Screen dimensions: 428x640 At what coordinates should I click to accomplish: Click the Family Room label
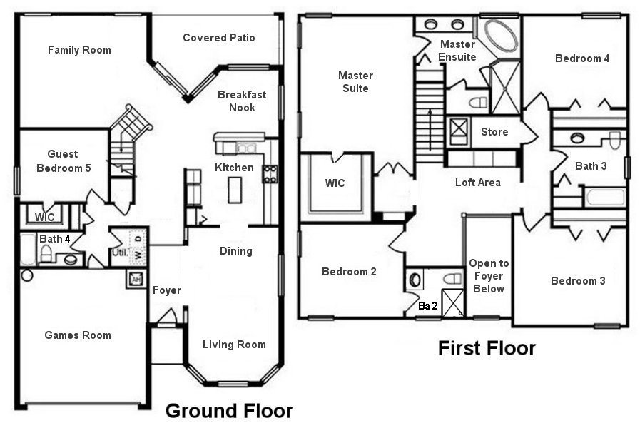[79, 50]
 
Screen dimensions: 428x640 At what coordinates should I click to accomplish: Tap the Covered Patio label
[218, 38]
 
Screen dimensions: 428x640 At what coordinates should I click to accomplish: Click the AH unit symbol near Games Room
[134, 279]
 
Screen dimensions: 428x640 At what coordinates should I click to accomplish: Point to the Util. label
[118, 252]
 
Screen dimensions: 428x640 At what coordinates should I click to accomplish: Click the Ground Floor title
[228, 411]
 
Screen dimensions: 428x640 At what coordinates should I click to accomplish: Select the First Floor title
[487, 348]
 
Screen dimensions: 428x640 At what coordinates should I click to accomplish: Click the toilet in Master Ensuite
[477, 103]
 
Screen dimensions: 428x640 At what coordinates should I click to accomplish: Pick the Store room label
[494, 132]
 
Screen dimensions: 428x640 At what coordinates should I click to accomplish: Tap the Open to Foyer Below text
[489, 276]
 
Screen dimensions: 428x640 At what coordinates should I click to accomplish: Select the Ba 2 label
[428, 305]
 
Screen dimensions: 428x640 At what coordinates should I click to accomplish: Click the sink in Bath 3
[577, 138]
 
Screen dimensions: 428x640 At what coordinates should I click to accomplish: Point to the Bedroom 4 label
[582, 58]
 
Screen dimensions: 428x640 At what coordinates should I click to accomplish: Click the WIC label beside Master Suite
[335, 183]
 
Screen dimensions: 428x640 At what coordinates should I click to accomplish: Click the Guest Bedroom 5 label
[63, 160]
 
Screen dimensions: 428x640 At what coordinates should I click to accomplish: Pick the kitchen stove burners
[270, 174]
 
